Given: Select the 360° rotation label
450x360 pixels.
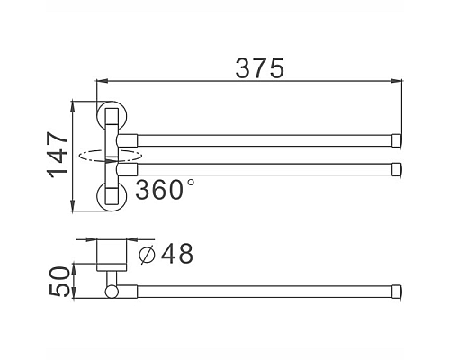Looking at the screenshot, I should (165, 190).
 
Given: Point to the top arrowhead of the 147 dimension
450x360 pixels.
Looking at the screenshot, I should (73, 105).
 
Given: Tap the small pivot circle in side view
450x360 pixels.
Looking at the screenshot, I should (112, 291).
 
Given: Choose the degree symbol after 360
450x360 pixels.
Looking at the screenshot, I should (190, 183).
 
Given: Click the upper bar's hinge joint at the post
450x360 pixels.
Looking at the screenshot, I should (130, 139).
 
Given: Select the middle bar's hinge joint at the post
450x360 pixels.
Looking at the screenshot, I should (130, 167).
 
